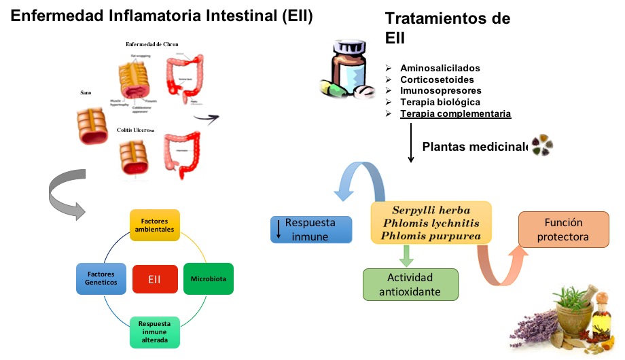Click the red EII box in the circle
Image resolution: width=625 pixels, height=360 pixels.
click(x=154, y=278)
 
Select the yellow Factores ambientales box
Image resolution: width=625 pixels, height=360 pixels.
click(x=154, y=226)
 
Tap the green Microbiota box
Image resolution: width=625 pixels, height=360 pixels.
click(x=208, y=278)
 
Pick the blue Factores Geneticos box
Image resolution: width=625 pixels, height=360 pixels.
click(x=101, y=278)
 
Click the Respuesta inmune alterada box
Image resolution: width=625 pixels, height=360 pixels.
click(x=154, y=332)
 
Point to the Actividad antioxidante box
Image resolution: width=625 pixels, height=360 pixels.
click(x=410, y=285)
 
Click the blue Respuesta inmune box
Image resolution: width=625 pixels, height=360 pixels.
click(x=311, y=230)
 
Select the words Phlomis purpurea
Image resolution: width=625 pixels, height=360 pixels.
click(x=431, y=236)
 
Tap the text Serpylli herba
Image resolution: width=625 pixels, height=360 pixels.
click(x=430, y=210)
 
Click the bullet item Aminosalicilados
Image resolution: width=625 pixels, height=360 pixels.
click(x=440, y=69)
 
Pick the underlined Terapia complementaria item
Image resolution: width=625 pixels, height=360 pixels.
click(x=455, y=113)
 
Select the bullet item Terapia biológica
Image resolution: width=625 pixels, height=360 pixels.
click(x=440, y=102)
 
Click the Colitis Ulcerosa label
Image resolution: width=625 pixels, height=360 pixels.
click(x=136, y=130)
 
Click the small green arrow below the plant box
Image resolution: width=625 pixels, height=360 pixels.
click(x=406, y=255)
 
